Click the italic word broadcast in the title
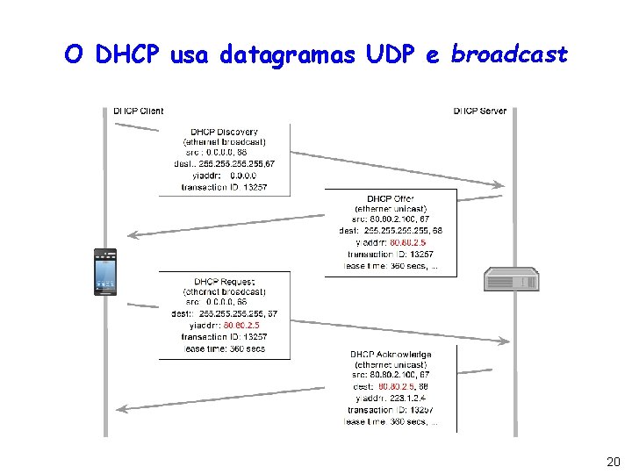509,55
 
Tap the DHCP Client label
139,111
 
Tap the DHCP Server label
480,111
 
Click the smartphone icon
105,272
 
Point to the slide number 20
613,462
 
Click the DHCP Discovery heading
225,133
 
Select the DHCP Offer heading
391,199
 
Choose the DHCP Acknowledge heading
391,354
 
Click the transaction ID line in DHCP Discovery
225,186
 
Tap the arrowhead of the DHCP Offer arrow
133,234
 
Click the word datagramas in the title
288,55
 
